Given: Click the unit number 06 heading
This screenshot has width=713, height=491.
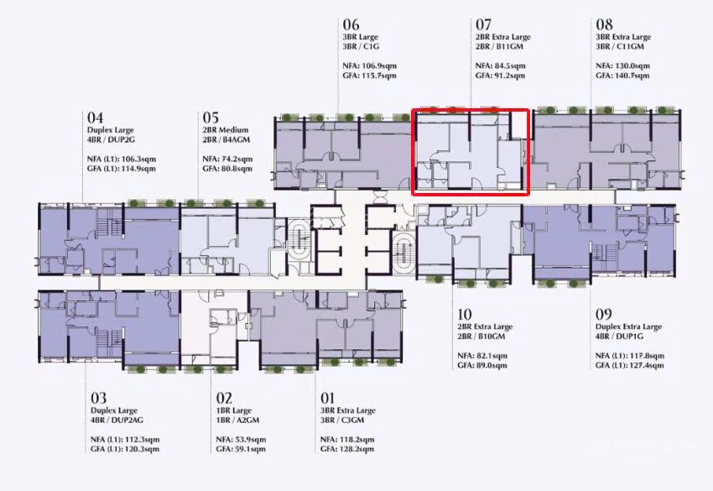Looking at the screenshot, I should tap(351, 24).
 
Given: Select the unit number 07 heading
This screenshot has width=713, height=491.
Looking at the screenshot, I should tap(484, 24).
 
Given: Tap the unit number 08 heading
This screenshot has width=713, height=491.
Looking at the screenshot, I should tap(605, 24).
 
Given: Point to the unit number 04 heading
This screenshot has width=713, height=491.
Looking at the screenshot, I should tap(95, 118).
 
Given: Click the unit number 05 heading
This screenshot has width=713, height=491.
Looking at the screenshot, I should tap(211, 118).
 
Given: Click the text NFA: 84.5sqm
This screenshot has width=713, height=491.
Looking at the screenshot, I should tap(500, 65).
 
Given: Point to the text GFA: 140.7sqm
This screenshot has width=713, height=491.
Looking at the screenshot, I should tap(622, 76).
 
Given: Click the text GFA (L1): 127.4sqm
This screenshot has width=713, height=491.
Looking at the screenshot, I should tap(630, 365).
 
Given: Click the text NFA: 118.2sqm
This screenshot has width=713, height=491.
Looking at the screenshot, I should tap(348, 439).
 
